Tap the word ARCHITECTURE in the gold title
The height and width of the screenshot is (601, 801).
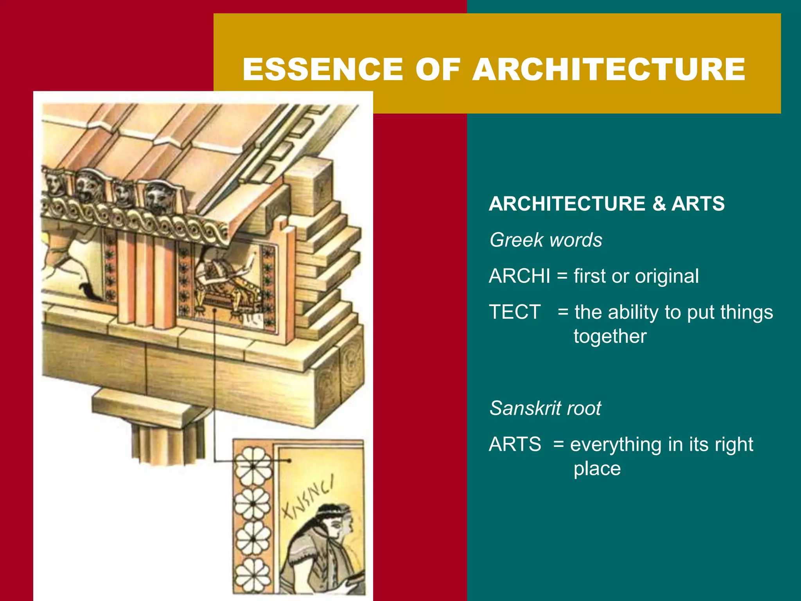point(609,69)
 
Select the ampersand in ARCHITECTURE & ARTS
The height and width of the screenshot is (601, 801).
point(659,204)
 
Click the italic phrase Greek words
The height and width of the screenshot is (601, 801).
point(546,240)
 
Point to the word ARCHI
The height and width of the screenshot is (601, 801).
point(519,276)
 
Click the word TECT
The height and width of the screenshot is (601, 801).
point(515,312)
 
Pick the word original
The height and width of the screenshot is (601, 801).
point(667,276)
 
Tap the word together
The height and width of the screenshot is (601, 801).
point(610,336)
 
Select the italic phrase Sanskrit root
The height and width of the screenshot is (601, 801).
point(545,408)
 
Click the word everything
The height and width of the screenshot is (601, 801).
point(616,444)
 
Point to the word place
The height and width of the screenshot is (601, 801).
point(597,469)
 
